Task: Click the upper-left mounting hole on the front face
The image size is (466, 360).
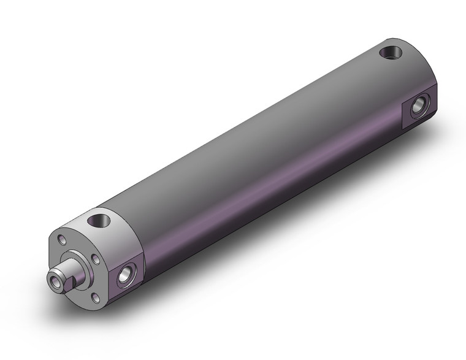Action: [x=62, y=240]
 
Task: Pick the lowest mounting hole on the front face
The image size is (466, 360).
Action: [x=95, y=297]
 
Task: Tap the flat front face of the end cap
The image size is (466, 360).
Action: [x=77, y=245]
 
